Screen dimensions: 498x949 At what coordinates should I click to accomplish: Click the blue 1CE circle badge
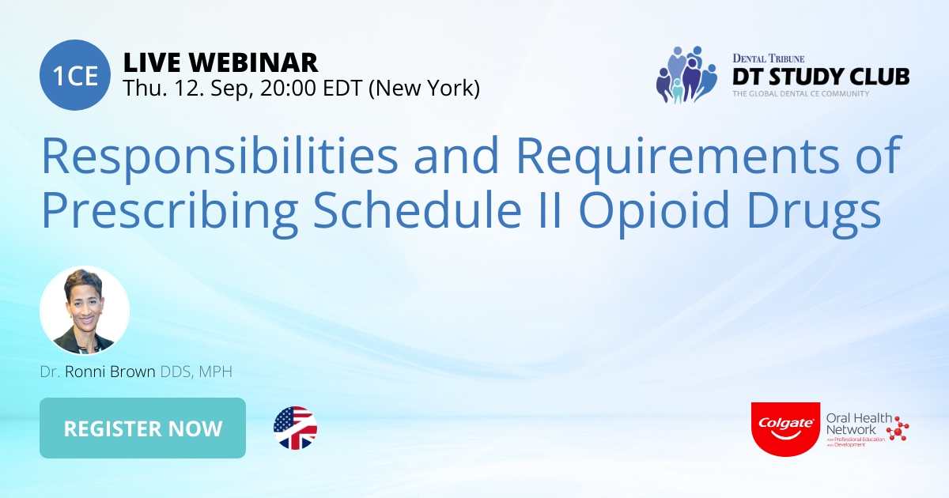(x=75, y=76)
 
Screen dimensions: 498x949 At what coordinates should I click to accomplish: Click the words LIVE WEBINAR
(x=221, y=62)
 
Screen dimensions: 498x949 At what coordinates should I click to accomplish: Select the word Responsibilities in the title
(x=218, y=156)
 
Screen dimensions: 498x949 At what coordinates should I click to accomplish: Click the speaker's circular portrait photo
(x=85, y=310)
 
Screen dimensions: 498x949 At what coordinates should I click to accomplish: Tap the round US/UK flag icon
(x=295, y=428)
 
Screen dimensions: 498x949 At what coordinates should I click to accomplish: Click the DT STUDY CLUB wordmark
(x=819, y=76)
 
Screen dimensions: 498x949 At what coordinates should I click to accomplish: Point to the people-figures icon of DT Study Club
(x=683, y=74)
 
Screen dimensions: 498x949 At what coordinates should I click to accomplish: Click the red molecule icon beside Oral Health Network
(x=898, y=428)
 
